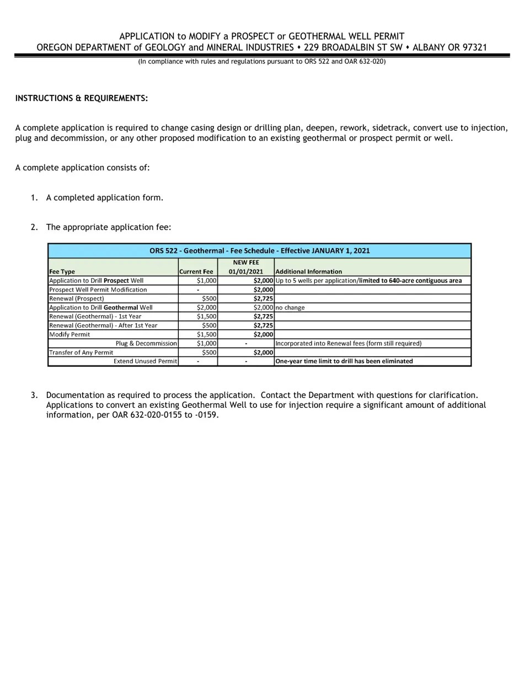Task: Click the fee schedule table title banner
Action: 259,251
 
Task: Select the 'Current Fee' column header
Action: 196,272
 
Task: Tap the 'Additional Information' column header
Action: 308,272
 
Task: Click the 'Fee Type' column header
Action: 62,272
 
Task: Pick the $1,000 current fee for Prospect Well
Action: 206,281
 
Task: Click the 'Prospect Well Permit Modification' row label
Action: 98,290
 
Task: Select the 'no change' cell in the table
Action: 290,308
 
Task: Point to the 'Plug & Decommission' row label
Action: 146,343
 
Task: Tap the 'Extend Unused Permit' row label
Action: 145,362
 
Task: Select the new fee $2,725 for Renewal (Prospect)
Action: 263,299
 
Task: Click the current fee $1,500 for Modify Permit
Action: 206,335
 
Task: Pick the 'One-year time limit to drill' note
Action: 344,362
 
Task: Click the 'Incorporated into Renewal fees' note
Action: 348,343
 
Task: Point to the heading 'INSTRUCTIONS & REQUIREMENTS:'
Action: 82,99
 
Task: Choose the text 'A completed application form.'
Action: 105,198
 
